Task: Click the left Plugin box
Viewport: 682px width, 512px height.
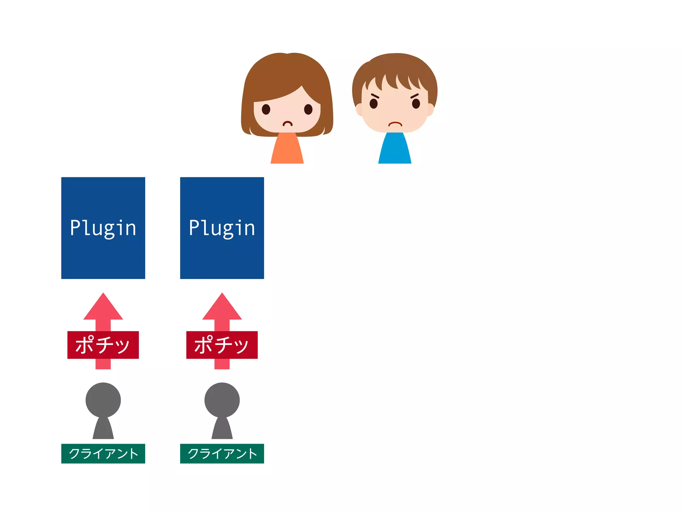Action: tap(103, 228)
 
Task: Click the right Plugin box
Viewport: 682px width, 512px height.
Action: tap(222, 228)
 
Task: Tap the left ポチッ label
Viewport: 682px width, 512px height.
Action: tap(103, 345)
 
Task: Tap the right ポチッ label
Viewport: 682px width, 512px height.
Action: tap(222, 345)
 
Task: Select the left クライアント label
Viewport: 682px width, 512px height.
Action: tap(103, 453)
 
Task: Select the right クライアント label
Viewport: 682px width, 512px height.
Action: tap(222, 453)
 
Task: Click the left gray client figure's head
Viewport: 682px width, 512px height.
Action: tap(103, 400)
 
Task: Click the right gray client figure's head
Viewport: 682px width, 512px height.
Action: tap(222, 400)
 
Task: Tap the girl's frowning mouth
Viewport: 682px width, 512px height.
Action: tap(287, 124)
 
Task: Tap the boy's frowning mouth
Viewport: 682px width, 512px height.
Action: tap(395, 124)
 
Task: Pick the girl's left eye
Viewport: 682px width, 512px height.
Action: tap(266, 109)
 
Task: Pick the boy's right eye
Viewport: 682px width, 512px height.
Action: tap(416, 104)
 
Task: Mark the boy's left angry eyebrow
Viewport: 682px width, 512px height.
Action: tap(375, 96)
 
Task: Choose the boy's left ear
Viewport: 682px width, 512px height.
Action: tap(359, 109)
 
